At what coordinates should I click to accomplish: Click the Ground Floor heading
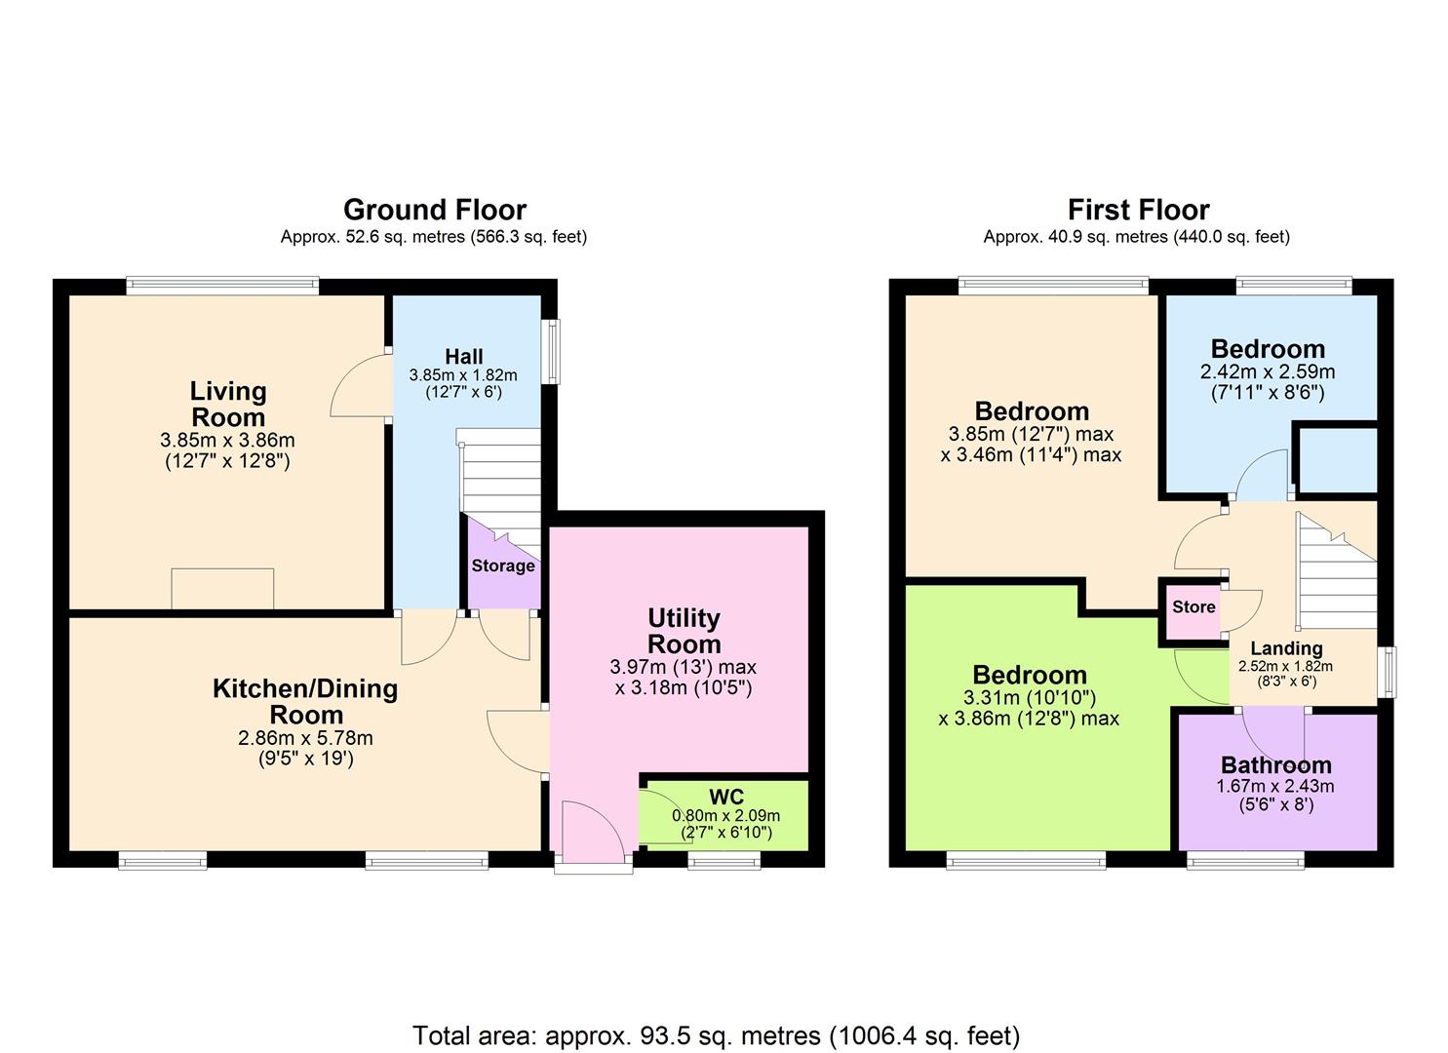tap(434, 210)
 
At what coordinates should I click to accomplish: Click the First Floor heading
tap(1138, 210)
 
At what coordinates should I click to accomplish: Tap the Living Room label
tap(227, 404)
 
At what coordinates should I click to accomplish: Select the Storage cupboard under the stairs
tap(502, 566)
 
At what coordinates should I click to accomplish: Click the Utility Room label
tap(684, 631)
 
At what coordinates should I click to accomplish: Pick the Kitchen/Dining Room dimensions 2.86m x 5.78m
tap(305, 738)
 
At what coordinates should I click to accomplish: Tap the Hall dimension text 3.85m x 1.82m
tap(463, 375)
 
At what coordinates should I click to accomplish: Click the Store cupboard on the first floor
tap(1193, 607)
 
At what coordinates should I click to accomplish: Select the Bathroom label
tap(1275, 765)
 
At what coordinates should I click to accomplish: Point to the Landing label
tap(1286, 648)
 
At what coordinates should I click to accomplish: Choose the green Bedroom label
tap(1029, 675)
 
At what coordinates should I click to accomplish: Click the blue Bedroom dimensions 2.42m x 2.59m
tap(1268, 372)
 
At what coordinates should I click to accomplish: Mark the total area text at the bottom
tap(716, 1034)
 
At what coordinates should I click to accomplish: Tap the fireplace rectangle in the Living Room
tap(222, 588)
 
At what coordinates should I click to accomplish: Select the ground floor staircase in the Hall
tap(500, 483)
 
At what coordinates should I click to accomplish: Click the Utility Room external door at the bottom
tap(592, 837)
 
